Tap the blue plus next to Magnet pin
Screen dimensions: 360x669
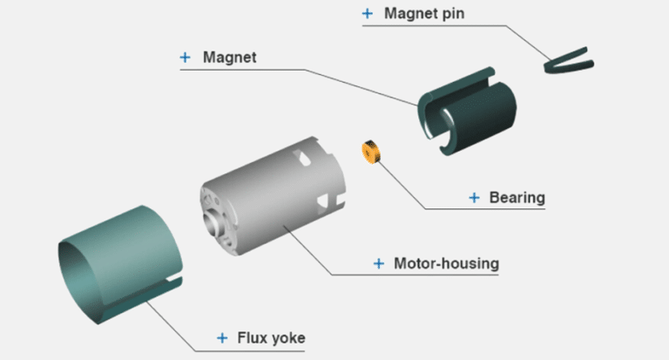click(x=367, y=14)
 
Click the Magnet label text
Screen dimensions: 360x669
click(x=229, y=58)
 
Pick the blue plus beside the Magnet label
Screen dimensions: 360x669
click(x=185, y=58)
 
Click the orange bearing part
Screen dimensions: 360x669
click(x=371, y=152)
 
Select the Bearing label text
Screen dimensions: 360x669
click(x=517, y=198)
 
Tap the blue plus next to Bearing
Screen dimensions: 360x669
click(x=474, y=198)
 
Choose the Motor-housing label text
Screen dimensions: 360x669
click(x=447, y=262)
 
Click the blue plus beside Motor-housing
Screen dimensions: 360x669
click(x=378, y=262)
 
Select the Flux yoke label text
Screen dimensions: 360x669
click(x=270, y=337)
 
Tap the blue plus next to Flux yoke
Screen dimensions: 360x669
click(x=221, y=337)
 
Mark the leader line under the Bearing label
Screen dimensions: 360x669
click(x=488, y=209)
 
